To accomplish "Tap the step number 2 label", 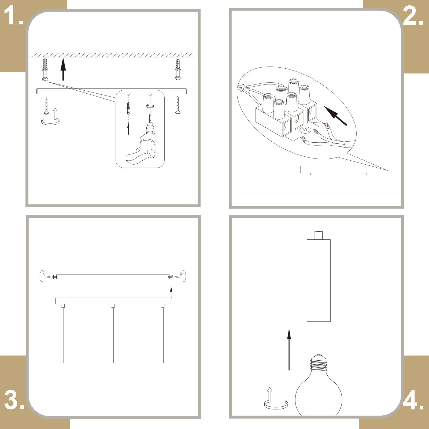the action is coord(413,16).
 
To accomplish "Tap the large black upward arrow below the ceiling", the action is coord(63,69).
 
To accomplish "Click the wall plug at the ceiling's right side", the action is coord(177,69).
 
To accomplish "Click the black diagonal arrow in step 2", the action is coord(335,116).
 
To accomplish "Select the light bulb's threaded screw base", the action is coord(319,363).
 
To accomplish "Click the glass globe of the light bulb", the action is coord(319,394).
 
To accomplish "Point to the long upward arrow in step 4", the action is coord(289,350).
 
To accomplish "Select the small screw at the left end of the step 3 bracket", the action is coord(55,277).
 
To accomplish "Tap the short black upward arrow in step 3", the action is coord(171,293).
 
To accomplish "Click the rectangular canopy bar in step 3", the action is coord(113,301).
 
